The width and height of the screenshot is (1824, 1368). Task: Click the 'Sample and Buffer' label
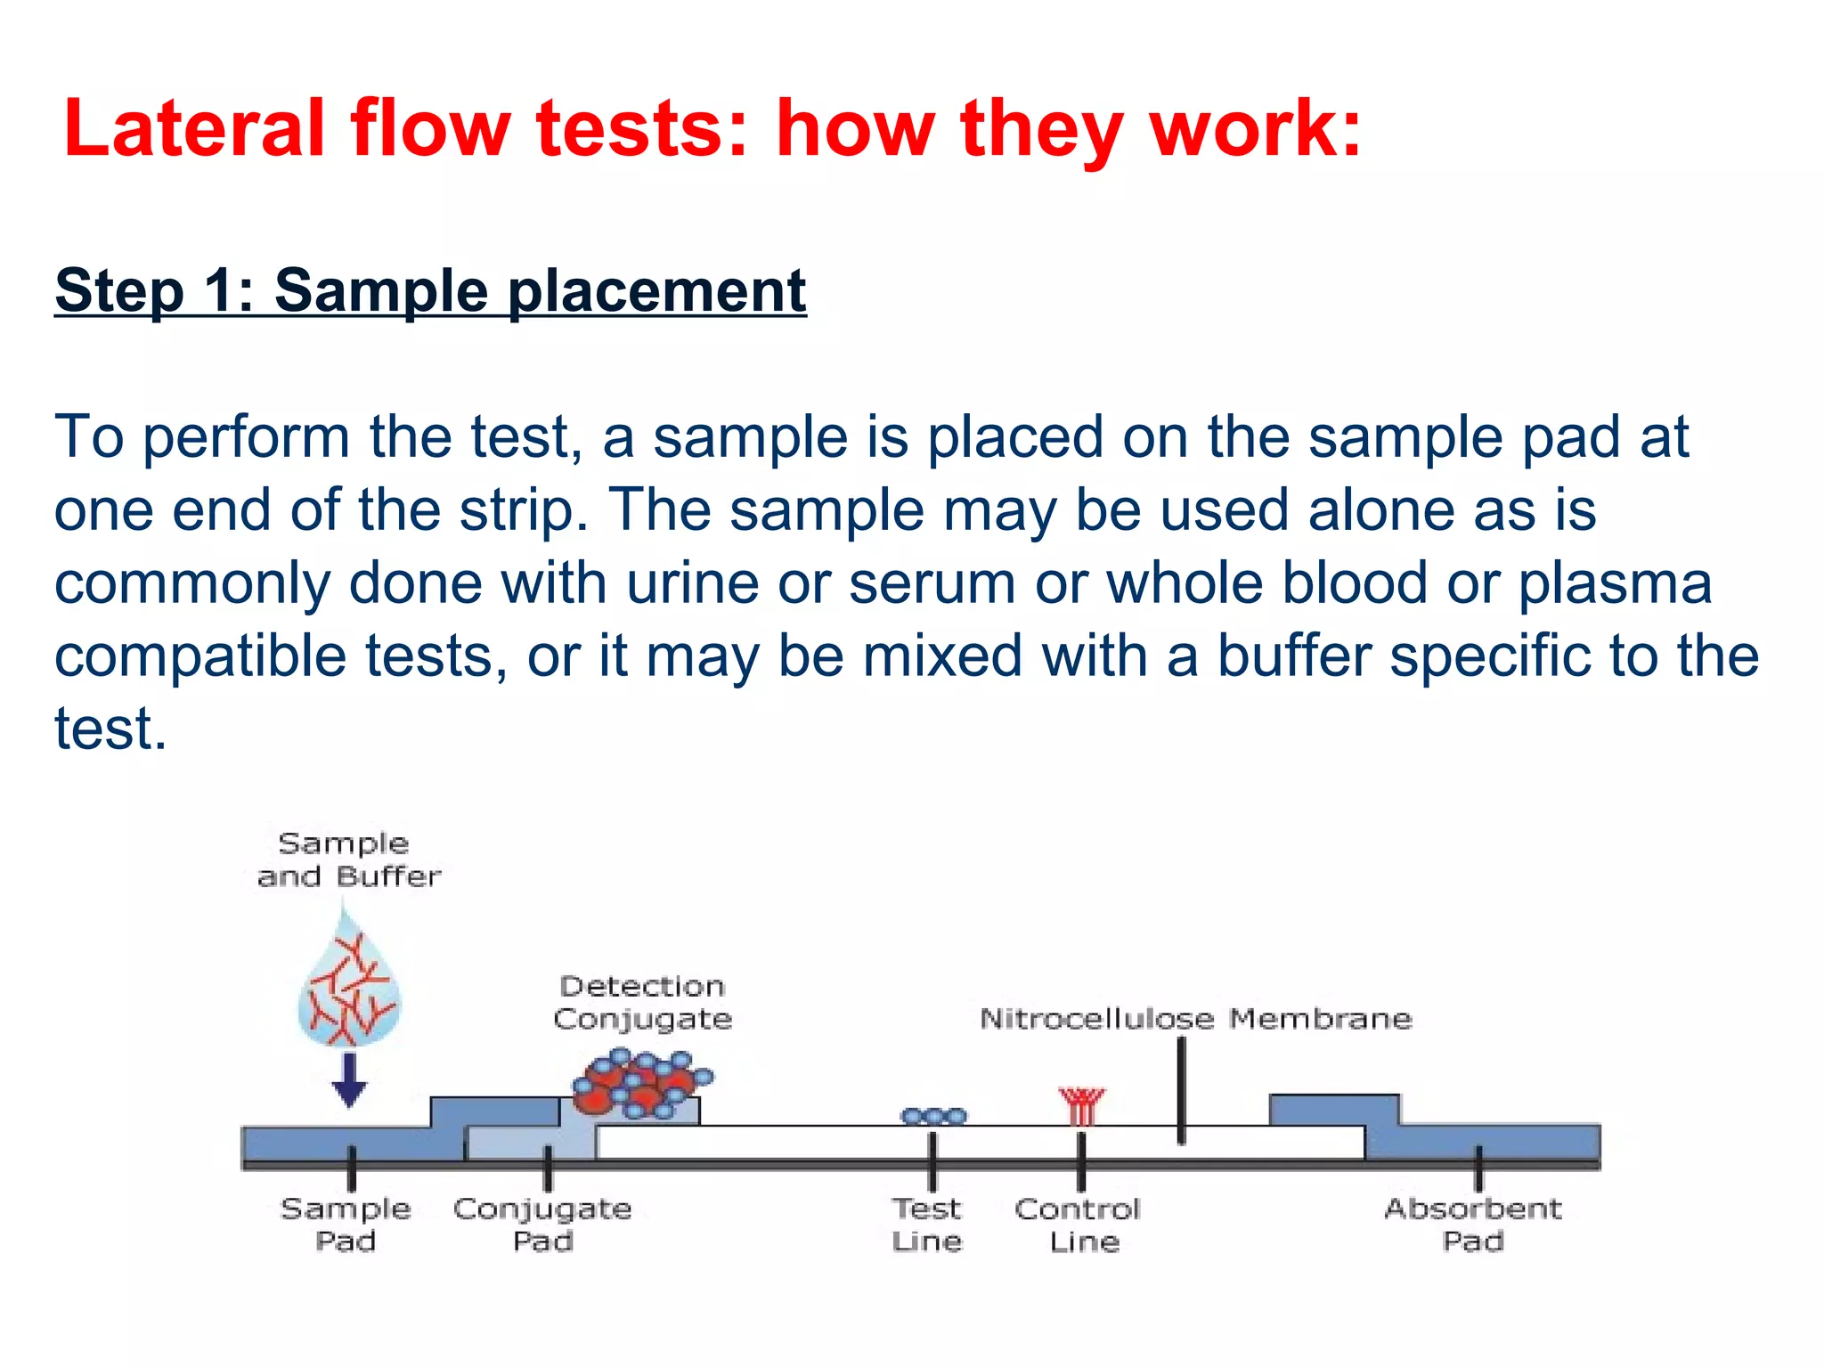pyautogui.click(x=347, y=859)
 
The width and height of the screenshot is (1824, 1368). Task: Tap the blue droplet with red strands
pyautogui.click(x=349, y=989)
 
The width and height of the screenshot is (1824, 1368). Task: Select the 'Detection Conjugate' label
pyautogui.click(x=642, y=1002)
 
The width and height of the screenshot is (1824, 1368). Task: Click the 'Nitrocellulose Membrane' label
pyautogui.click(x=1195, y=1018)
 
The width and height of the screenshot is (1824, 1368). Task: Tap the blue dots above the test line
pyautogui.click(x=933, y=1116)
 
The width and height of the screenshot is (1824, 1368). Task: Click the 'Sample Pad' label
pyautogui.click(x=346, y=1225)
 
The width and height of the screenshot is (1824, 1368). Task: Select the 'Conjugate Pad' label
pyautogui.click(x=542, y=1225)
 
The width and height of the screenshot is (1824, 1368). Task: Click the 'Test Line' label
pyautogui.click(x=927, y=1225)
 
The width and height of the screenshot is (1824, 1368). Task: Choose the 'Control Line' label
pyautogui.click(x=1078, y=1225)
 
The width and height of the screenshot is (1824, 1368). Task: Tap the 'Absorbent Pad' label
pyautogui.click(x=1473, y=1225)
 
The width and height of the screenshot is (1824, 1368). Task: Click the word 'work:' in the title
pyautogui.click(x=1256, y=129)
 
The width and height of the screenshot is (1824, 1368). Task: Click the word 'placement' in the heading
pyautogui.click(x=656, y=290)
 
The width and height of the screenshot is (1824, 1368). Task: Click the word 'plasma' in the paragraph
pyautogui.click(x=1614, y=583)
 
